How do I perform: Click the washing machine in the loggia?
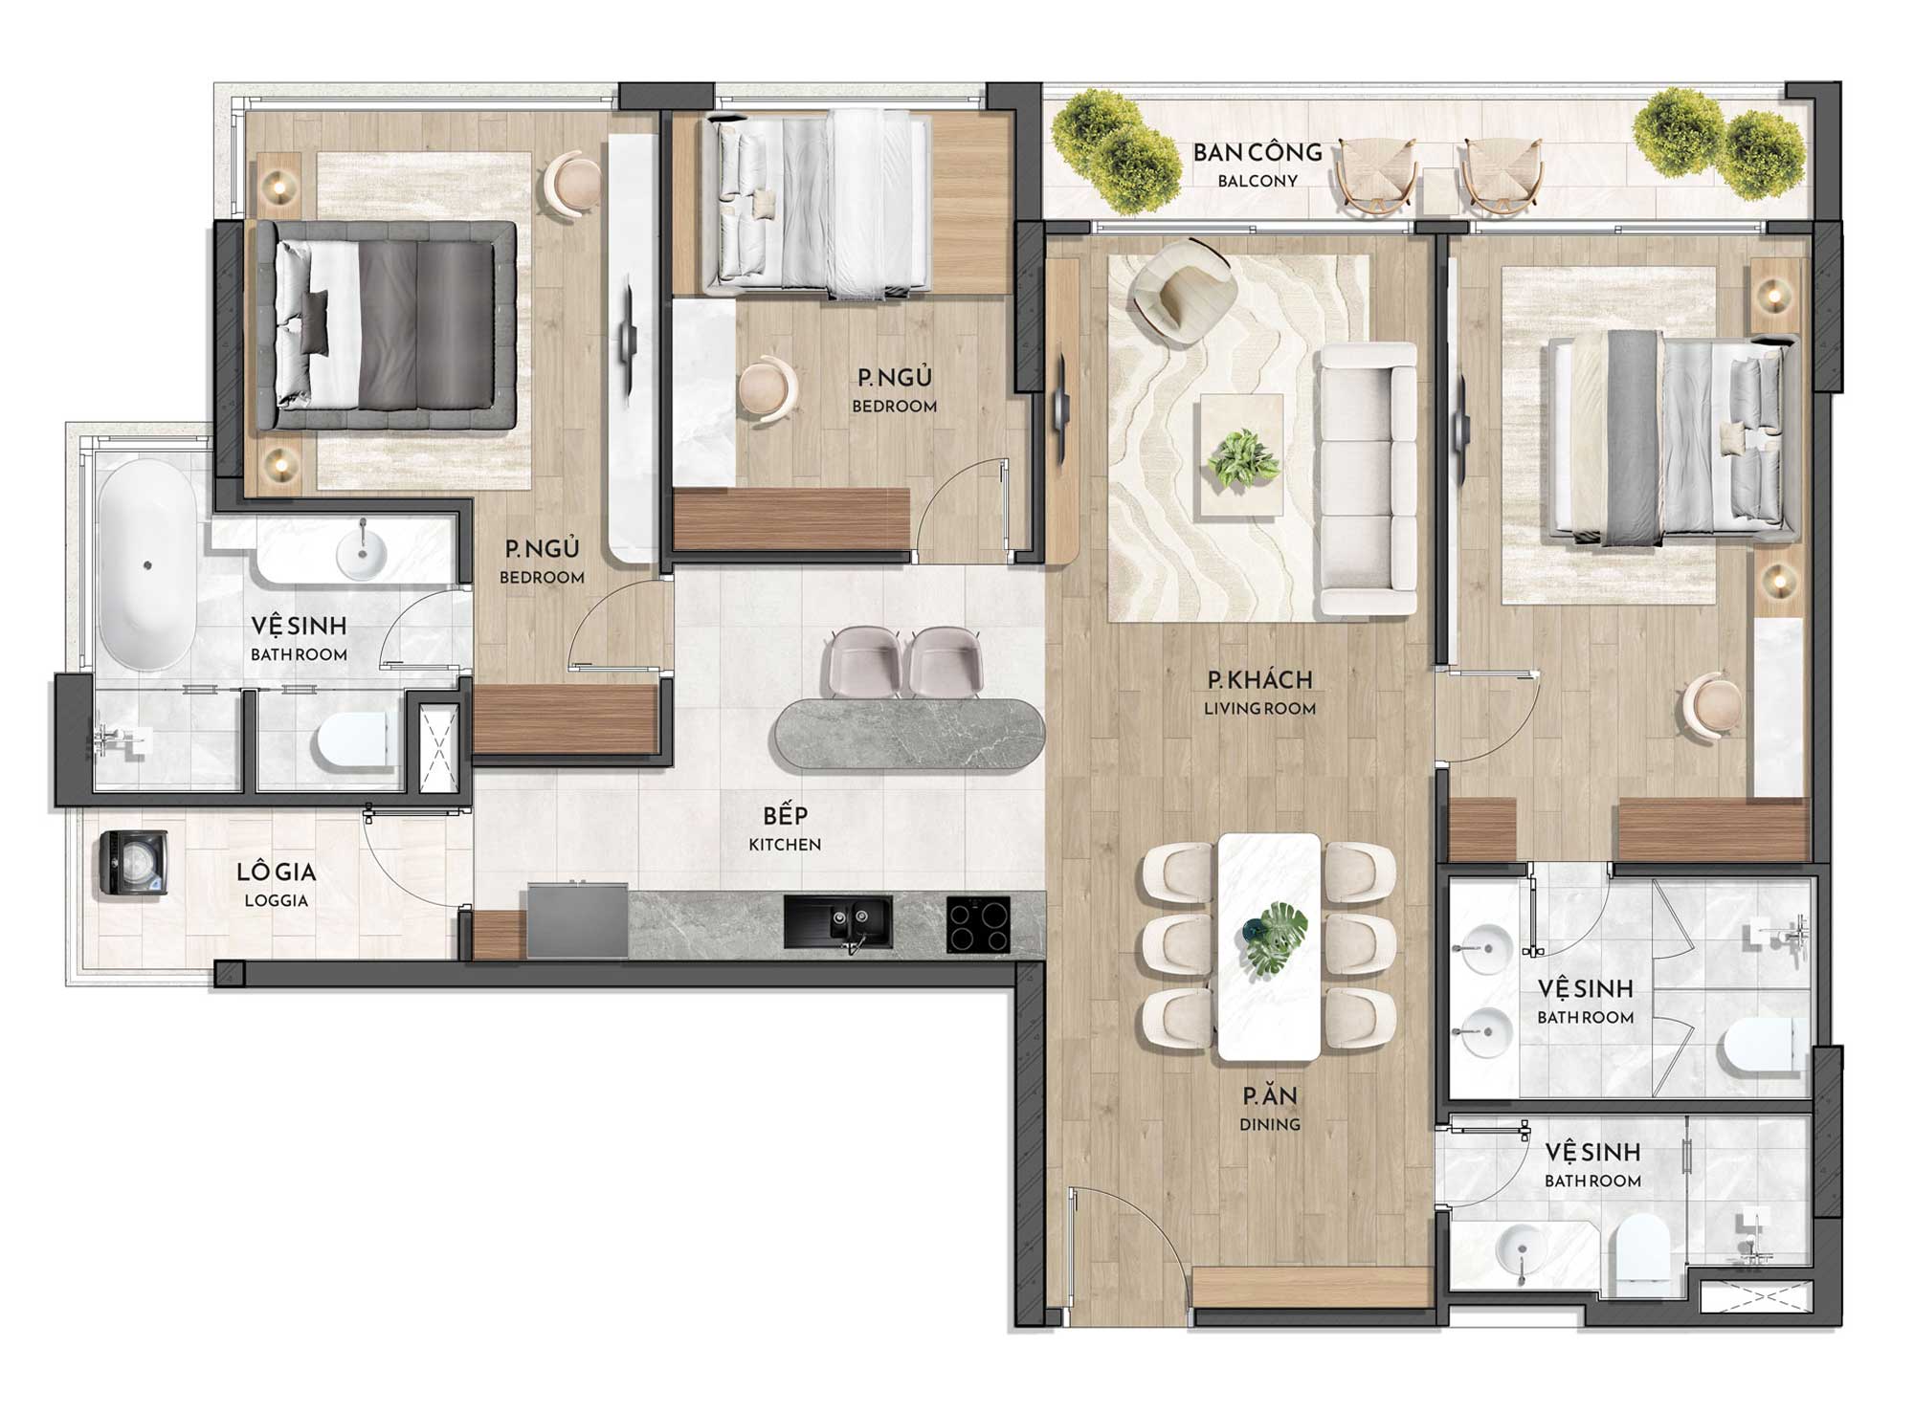tap(135, 863)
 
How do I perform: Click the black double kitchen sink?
tap(838, 922)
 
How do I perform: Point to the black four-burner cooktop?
tap(978, 924)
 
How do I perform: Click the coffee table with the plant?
tap(1242, 455)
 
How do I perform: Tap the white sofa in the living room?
tap(1366, 478)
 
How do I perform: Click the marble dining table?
tap(1269, 946)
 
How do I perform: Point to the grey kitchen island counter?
tap(909, 734)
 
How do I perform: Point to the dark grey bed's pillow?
tap(315, 320)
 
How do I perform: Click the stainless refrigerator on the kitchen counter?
tap(577, 919)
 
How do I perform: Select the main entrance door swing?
tap(1129, 1244)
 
